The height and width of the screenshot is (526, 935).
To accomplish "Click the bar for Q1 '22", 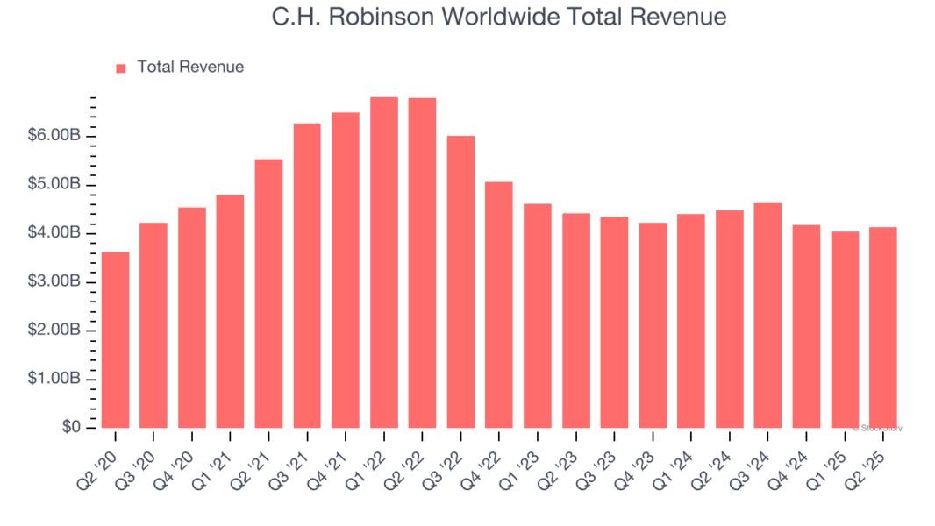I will [x=384, y=262].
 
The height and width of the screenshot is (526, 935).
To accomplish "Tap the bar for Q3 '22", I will [x=460, y=281].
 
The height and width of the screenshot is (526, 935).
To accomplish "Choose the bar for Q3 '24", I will [x=767, y=315].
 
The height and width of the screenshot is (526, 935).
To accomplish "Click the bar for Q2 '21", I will [x=269, y=293].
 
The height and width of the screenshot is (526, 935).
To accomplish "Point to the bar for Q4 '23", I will [x=653, y=325].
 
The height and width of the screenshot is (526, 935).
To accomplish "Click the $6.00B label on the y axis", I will [x=54, y=136].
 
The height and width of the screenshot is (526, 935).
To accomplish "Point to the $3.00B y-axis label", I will [x=54, y=281].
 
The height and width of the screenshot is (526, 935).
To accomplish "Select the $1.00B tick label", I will [x=54, y=379].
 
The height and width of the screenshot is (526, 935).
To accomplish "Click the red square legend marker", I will [x=121, y=68].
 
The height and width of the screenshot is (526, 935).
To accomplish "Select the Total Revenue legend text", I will [x=190, y=67].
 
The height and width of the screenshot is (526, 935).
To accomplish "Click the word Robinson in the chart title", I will [x=386, y=17].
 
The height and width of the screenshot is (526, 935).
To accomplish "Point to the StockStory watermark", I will [x=877, y=428].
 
